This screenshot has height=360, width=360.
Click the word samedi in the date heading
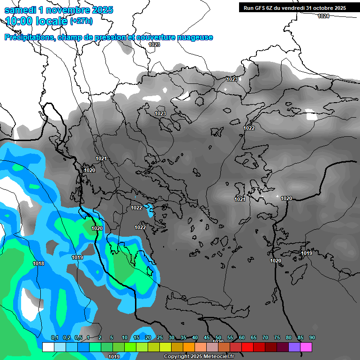coord(20,10)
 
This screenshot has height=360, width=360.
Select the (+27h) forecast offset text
coord(81,21)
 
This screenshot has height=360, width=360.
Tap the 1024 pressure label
coord(323,16)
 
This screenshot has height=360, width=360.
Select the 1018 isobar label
coord(38,264)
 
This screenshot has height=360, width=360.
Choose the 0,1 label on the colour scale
coord(54,338)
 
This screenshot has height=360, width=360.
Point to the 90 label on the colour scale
coord(312,338)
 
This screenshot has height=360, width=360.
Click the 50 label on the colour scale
coord(218,338)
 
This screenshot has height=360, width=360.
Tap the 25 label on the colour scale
coord(160,338)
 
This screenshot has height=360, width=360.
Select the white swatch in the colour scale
coord(48,347)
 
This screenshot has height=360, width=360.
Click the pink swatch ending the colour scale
coord(306,347)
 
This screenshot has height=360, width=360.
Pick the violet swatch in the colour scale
coord(294,347)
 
